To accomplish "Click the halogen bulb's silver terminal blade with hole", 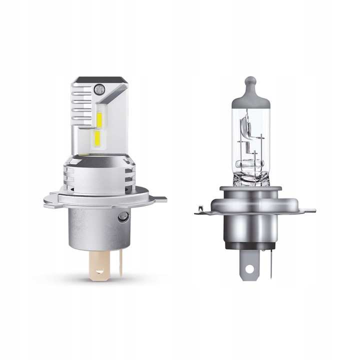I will click(x=250, y=262).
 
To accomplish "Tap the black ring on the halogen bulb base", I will click(x=250, y=243).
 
